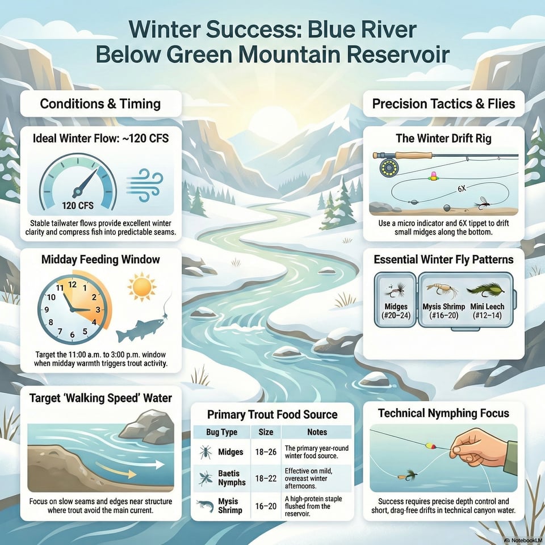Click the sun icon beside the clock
pyautogui.click(x=141, y=287)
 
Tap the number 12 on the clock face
pyautogui.click(x=72, y=284)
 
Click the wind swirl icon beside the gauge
pyautogui.click(x=145, y=185)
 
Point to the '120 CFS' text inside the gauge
pyautogui.click(x=78, y=206)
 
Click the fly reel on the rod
pyautogui.click(x=389, y=167)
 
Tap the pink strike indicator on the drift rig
pyautogui.click(x=433, y=176)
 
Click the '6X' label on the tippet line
pyautogui.click(x=462, y=189)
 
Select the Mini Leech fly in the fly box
pyautogui.click(x=486, y=289)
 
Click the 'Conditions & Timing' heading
pyautogui.click(x=100, y=104)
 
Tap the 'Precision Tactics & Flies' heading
pyautogui.click(x=443, y=104)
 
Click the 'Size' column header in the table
pyautogui.click(x=266, y=432)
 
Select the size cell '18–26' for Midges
pyautogui.click(x=266, y=452)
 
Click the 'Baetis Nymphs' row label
pyautogui.click(x=232, y=478)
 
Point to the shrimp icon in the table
pyautogui.click(x=205, y=506)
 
